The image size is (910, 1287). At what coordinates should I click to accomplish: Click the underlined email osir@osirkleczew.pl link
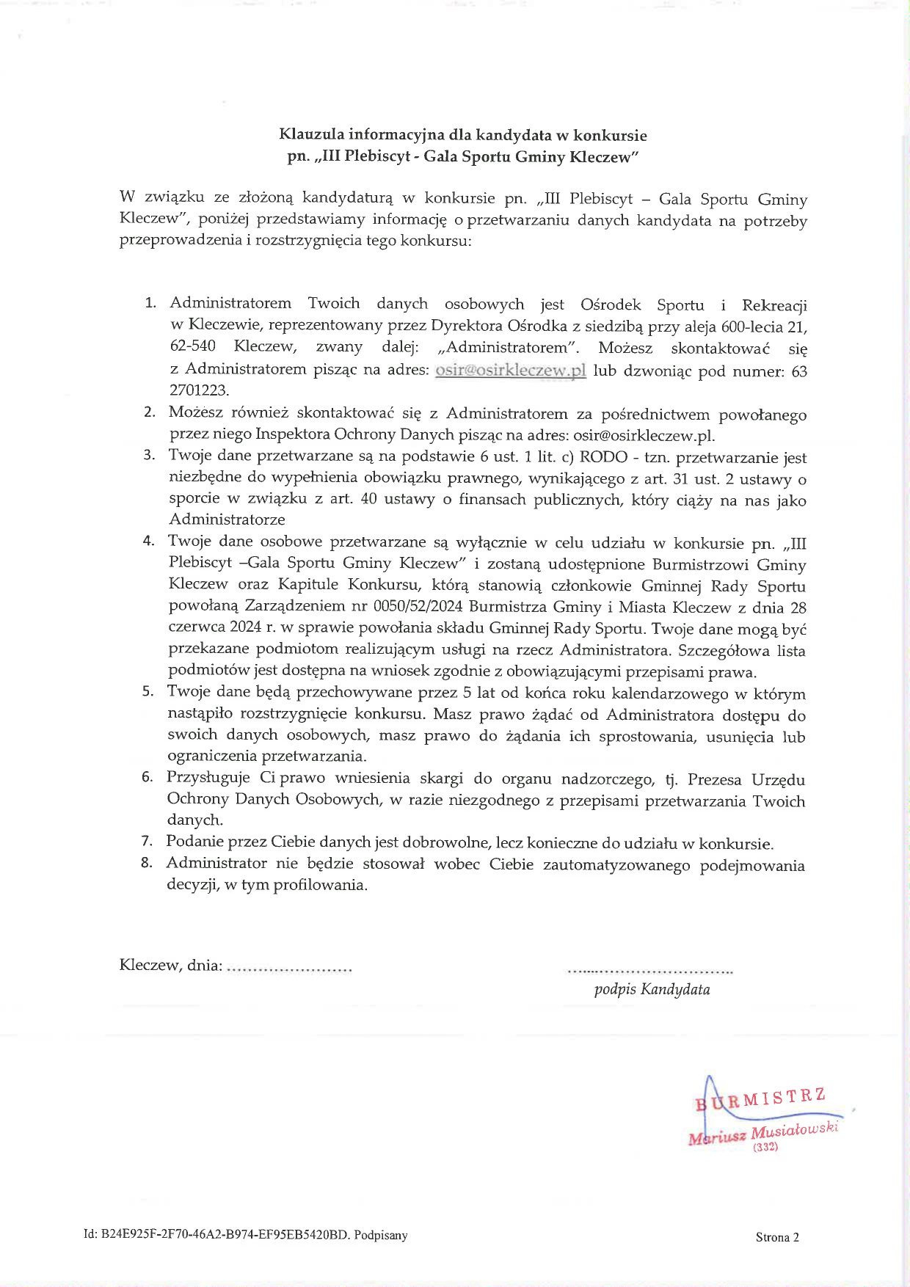click(x=510, y=370)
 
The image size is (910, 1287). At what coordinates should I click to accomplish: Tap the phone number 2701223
click(x=200, y=390)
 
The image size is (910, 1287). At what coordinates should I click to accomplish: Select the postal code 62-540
click(x=193, y=346)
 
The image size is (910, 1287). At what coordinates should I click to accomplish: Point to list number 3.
click(x=149, y=455)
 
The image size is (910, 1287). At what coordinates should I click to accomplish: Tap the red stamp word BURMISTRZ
click(x=761, y=1098)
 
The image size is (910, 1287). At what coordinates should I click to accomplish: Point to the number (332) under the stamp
click(x=765, y=1148)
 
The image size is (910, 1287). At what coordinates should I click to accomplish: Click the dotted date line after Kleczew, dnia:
click(x=289, y=969)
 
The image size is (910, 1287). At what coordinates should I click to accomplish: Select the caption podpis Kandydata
click(x=652, y=990)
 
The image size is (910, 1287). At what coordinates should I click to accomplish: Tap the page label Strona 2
click(x=777, y=1237)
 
